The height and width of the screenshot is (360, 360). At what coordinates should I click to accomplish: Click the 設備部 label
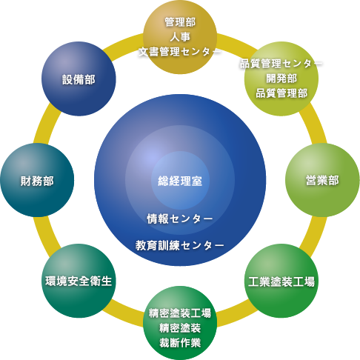pyautogui.click(x=79, y=80)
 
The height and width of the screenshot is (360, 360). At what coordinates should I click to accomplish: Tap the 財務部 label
pyautogui.click(x=37, y=181)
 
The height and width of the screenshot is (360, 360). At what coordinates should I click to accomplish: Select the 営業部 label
pyautogui.click(x=322, y=180)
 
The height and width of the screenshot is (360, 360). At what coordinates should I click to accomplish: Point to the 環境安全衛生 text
pyautogui.click(x=79, y=281)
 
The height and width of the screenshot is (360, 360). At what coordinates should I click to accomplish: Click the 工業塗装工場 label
pyautogui.click(x=281, y=281)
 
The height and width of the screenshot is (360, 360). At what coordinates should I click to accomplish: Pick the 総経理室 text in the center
pyautogui.click(x=180, y=181)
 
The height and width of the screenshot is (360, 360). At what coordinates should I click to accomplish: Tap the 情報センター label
pyautogui.click(x=180, y=219)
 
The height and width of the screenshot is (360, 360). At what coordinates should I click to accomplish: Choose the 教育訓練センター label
pyautogui.click(x=180, y=245)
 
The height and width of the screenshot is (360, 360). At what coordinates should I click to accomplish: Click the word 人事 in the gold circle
pyautogui.click(x=180, y=37)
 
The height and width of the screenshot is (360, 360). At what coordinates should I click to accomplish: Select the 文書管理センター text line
pyautogui.click(x=180, y=52)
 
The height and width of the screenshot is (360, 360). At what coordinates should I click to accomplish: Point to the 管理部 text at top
pyautogui.click(x=180, y=22)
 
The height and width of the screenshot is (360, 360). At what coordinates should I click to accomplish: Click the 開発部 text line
pyautogui.click(x=281, y=79)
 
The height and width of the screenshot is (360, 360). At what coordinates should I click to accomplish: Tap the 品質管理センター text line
pyautogui.click(x=281, y=64)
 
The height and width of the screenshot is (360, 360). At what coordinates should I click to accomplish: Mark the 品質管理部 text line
pyautogui.click(x=281, y=93)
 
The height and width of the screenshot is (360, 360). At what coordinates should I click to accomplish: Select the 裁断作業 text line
pyautogui.click(x=180, y=343)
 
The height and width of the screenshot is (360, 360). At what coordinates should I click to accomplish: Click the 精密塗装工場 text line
pyautogui.click(x=180, y=313)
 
